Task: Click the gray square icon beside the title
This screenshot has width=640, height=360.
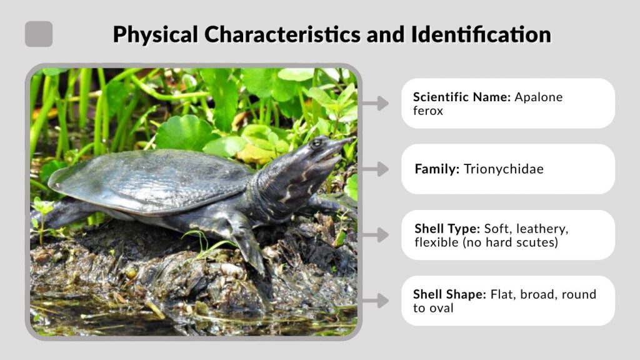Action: coord(39,34)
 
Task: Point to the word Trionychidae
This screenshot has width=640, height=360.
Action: coord(504,169)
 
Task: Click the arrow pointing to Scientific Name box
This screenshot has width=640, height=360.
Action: coord(376,103)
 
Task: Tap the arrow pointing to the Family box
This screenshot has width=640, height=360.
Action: coord(376,169)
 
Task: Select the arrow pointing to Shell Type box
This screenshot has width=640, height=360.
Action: coord(376,235)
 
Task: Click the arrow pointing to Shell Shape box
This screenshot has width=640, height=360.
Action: coord(376,301)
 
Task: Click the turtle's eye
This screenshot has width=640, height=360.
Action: coord(317,142)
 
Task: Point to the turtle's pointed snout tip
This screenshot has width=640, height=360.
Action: coord(351,140)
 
